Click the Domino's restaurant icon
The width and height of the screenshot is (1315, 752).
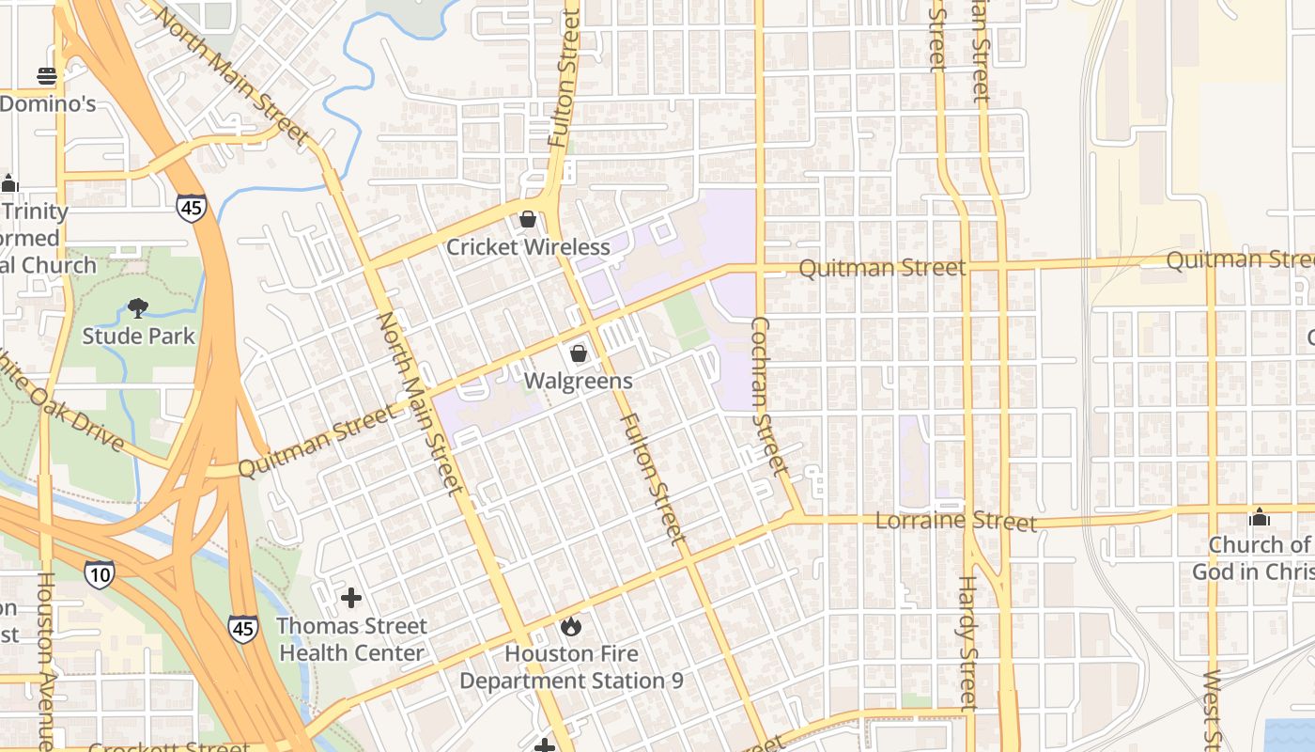46,75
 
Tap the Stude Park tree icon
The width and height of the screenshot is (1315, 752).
138,307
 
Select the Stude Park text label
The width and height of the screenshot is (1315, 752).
138,336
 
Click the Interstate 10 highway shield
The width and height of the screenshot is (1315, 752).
99,573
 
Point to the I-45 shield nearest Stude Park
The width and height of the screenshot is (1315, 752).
191,207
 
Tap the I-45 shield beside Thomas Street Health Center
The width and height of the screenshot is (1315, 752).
243,628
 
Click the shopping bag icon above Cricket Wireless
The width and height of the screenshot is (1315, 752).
528,219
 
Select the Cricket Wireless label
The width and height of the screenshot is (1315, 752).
528,247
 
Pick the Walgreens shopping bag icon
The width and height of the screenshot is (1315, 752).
579,353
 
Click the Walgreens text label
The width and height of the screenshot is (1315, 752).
579,382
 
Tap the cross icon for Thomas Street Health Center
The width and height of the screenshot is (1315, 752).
351,597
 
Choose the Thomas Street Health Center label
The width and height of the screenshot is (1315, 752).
351,639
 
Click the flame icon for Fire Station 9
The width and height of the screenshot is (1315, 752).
571,625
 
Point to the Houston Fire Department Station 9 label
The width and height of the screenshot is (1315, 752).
571,667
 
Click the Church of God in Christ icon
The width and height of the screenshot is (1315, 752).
1260,517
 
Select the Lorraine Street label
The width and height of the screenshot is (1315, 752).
956,521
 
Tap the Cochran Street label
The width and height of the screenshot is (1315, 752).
767,395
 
